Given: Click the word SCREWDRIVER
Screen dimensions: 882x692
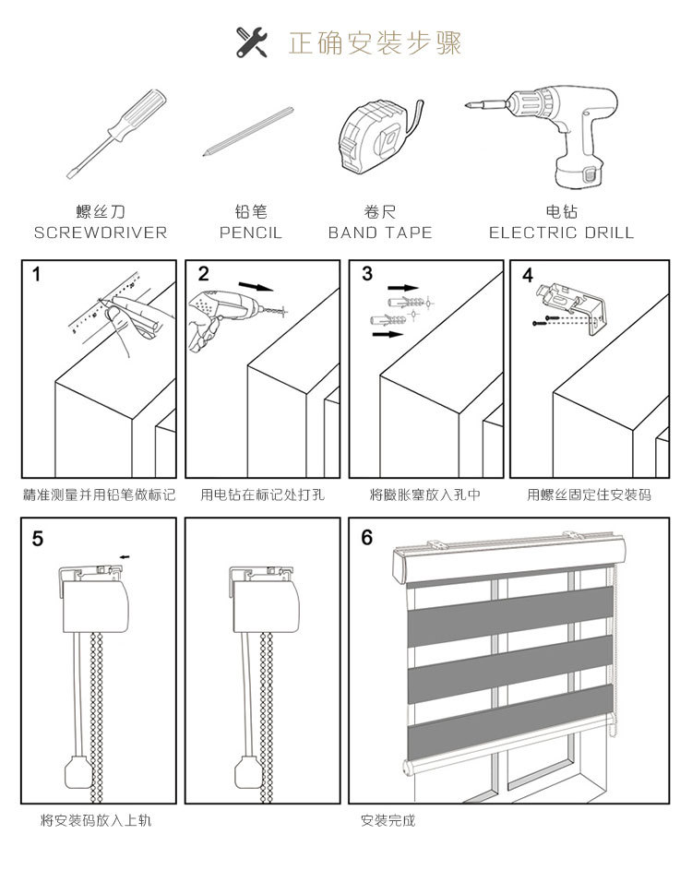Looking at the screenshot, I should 101,233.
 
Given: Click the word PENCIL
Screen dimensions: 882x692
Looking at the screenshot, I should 250,233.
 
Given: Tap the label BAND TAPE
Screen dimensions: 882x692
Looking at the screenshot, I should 380,233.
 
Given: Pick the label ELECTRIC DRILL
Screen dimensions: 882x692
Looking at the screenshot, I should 562,233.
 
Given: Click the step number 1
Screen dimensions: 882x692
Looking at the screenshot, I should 37,274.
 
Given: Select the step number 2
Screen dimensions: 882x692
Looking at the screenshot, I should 203,274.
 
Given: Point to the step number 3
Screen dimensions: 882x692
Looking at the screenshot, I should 367,274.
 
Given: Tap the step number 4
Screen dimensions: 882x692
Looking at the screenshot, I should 527,275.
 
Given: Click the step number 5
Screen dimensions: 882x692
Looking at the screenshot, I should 37,538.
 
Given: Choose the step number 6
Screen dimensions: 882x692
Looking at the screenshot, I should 366,538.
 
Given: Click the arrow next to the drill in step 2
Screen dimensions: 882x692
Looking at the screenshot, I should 256,286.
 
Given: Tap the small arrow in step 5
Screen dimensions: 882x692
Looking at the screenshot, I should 125,556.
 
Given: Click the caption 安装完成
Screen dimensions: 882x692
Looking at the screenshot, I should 388,820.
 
